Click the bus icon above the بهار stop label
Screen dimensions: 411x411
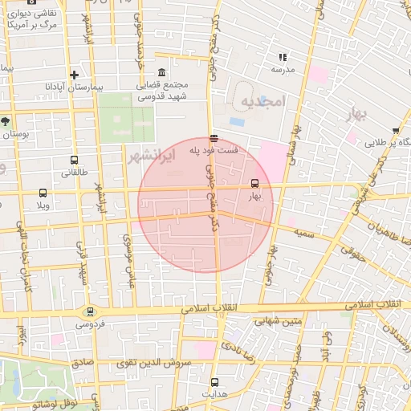(x=255, y=183)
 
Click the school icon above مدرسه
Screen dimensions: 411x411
(x=282, y=57)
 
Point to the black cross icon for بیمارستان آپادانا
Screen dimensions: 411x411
(x=74, y=74)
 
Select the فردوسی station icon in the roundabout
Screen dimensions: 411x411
(x=89, y=312)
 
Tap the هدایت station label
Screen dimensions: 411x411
(x=214, y=395)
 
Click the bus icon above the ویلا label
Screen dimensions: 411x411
(x=43, y=193)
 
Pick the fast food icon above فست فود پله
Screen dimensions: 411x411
(x=212, y=138)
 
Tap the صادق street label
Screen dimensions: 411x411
(x=83, y=363)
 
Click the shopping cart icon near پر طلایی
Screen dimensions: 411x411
(x=397, y=131)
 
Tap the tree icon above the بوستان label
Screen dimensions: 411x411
(x=6, y=121)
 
